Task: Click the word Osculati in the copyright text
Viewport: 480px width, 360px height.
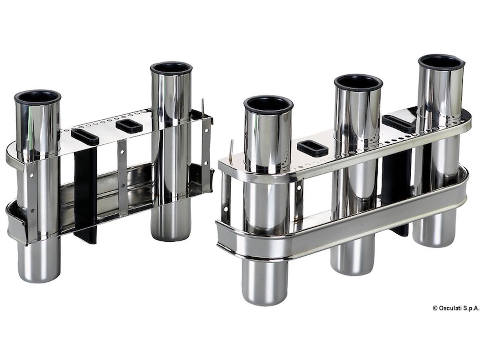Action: click(451, 308)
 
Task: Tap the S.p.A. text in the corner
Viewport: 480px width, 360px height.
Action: click(472, 308)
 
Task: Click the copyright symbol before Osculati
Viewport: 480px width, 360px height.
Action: click(435, 308)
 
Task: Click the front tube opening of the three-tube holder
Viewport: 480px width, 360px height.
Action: click(268, 105)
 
